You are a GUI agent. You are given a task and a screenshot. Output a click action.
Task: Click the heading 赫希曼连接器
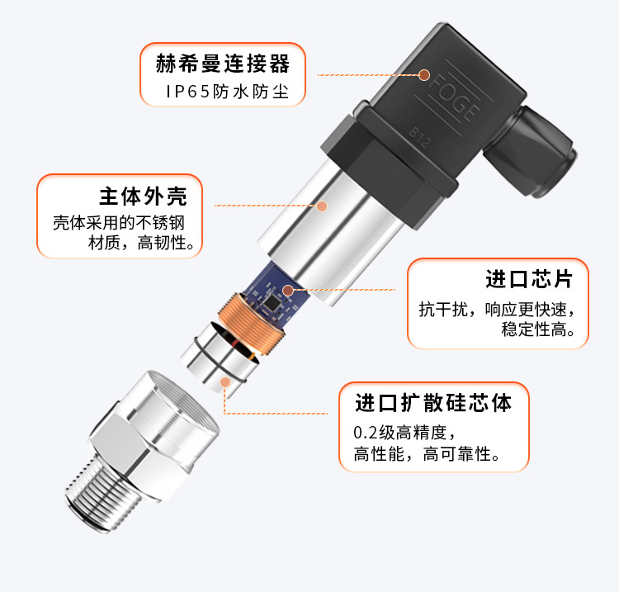[223, 64]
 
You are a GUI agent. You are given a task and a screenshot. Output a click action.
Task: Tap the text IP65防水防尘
[228, 92]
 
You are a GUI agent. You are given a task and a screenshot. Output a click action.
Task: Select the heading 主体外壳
[143, 197]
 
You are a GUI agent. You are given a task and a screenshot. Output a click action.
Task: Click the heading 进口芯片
[529, 279]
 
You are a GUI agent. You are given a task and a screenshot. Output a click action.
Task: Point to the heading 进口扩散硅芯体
[433, 403]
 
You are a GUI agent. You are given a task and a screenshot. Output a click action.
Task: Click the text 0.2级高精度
[404, 433]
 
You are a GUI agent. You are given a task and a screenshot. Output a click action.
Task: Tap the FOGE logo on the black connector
[455, 97]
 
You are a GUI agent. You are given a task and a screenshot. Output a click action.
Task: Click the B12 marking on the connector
[418, 136]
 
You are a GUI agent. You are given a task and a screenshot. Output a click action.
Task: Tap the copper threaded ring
[252, 323]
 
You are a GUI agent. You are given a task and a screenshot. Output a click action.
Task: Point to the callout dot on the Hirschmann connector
[424, 75]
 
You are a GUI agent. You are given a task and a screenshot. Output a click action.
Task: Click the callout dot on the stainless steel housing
[322, 206]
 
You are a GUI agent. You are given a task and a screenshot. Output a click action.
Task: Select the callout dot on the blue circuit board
[288, 291]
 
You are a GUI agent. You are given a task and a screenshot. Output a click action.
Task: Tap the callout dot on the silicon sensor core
[225, 382]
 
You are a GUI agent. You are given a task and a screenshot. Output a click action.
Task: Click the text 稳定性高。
[538, 329]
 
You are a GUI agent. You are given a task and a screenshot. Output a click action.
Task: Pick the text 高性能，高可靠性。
[428, 454]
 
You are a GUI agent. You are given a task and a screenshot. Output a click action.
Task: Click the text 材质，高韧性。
[141, 243]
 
